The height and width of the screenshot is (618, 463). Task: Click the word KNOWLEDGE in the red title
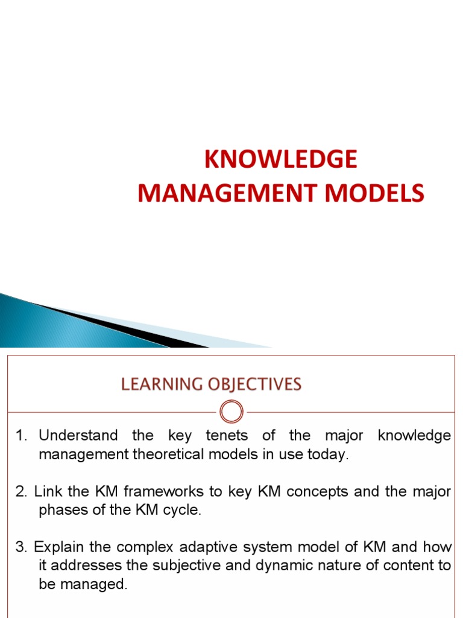280,159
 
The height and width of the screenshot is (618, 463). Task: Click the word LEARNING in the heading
160,384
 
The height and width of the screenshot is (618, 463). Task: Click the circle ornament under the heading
231,412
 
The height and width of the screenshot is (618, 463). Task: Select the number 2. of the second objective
23,492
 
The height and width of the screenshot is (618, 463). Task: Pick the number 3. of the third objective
23,547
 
